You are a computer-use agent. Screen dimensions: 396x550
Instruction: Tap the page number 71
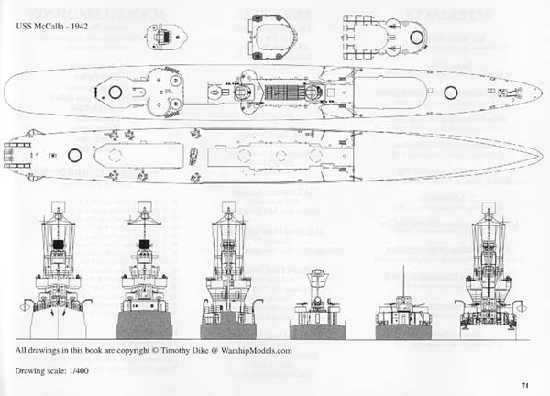(x=523, y=384)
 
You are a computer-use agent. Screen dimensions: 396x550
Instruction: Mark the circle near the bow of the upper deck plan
(x=450, y=92)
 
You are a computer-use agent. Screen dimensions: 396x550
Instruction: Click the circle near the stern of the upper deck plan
(x=116, y=92)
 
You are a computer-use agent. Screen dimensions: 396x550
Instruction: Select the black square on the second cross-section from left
(x=143, y=245)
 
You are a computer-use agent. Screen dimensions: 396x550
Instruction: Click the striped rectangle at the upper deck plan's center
(x=284, y=92)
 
